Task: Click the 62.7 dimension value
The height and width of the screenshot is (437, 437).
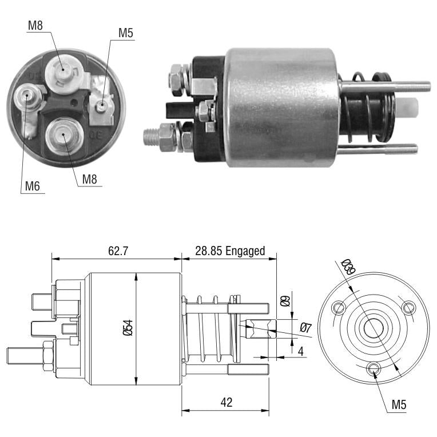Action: tap(118, 251)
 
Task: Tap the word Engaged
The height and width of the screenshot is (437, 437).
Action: tap(245, 251)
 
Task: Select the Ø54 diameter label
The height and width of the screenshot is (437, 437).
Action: tap(128, 328)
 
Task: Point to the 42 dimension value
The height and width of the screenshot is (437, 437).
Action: tap(227, 402)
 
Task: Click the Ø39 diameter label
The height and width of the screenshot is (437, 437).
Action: tap(348, 267)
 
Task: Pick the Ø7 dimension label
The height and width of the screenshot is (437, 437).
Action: tap(305, 327)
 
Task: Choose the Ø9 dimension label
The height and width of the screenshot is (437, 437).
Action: tap(285, 301)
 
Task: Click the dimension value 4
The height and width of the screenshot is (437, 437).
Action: tap(301, 352)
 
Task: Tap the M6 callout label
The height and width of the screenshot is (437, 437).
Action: tap(33, 186)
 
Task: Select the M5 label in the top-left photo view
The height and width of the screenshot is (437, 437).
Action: tap(126, 33)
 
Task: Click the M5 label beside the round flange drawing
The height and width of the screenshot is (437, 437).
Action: tap(399, 404)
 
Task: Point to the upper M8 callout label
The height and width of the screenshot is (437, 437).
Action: tap(35, 25)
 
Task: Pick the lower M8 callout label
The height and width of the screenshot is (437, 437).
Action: tap(89, 179)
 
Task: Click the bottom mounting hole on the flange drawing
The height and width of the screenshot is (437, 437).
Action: tap(374, 368)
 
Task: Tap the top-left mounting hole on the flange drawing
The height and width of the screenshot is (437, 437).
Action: tap(339, 307)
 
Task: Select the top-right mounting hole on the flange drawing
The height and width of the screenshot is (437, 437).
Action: tap(408, 307)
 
